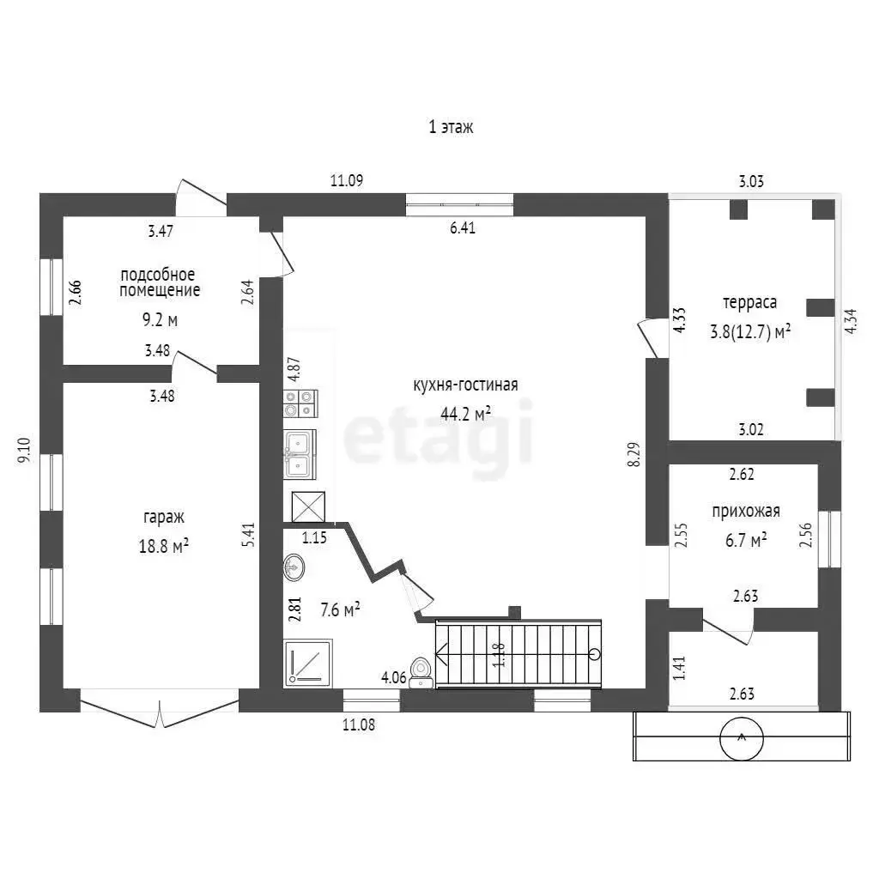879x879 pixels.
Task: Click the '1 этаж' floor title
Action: point(451,127)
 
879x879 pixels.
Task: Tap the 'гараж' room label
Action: point(164,517)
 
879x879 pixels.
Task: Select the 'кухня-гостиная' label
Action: point(465,385)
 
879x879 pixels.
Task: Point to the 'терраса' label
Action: point(749,303)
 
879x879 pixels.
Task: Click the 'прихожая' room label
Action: point(746,512)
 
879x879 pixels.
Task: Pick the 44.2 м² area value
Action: point(466,415)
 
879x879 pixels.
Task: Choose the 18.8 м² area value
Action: point(163,546)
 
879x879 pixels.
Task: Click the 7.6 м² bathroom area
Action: point(340,609)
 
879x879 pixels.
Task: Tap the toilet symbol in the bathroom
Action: point(421,673)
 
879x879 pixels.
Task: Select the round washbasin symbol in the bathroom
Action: point(294,567)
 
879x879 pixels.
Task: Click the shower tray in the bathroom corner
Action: point(308,664)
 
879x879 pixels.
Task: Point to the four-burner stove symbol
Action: point(300,403)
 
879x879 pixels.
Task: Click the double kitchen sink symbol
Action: point(300,454)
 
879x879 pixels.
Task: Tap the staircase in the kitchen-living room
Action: point(518,653)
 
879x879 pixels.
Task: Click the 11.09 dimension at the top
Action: point(347,180)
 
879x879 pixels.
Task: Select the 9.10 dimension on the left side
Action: point(24,450)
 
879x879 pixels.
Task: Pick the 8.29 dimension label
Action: point(633,455)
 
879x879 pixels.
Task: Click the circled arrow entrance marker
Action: point(742,738)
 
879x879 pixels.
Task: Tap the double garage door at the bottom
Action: point(160,708)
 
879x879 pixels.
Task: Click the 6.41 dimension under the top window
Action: point(463,227)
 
